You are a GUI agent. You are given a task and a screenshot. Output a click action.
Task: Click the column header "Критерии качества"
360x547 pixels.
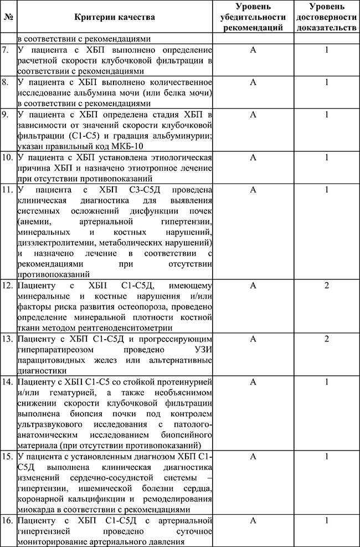(x=115, y=17)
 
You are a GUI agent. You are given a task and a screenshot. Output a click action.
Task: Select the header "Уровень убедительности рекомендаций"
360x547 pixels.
(x=253, y=17)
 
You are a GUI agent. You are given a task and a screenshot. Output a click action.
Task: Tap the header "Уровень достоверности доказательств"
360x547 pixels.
(x=327, y=17)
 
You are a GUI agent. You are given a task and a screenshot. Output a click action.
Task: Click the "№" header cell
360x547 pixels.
(x=8, y=17)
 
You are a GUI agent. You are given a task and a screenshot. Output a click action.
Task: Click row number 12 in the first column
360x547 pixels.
(x=8, y=286)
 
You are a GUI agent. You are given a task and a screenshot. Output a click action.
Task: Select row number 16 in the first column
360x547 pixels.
(x=8, y=521)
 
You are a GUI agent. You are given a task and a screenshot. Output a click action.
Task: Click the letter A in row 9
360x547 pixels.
(x=253, y=114)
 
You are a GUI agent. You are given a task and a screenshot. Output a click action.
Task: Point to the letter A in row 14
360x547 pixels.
(x=253, y=382)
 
